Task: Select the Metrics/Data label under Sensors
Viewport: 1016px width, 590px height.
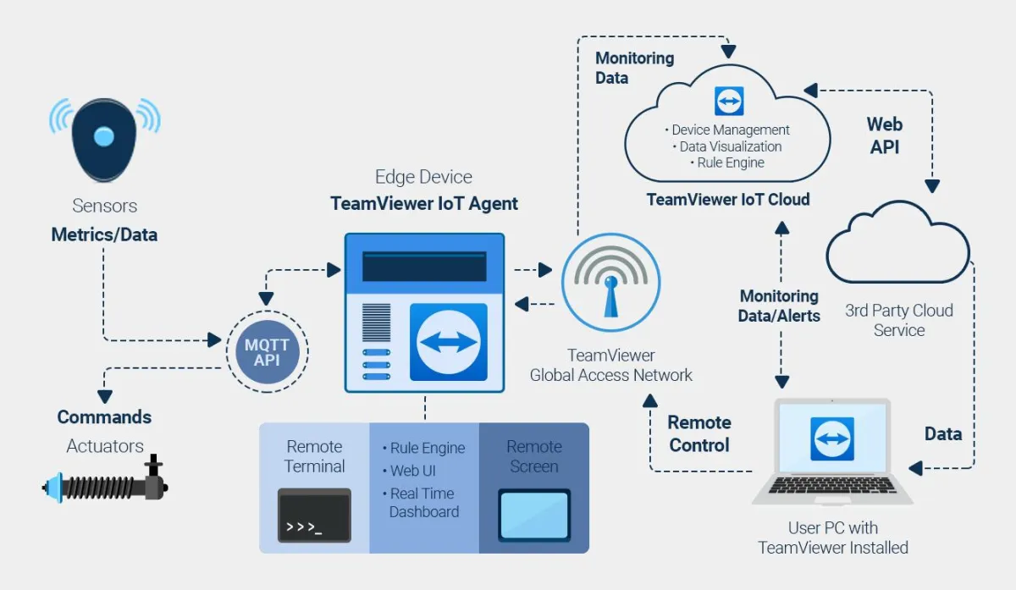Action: [104, 234]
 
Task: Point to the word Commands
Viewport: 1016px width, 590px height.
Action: [104, 416]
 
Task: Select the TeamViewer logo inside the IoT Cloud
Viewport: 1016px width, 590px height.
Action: [728, 100]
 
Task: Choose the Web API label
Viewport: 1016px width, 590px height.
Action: [884, 135]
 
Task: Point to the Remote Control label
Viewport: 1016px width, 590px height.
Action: [698, 433]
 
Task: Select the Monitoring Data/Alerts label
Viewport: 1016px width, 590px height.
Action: [779, 306]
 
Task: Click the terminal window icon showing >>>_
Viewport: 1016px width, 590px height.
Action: [314, 515]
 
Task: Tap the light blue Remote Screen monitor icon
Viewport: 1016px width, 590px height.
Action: [533, 515]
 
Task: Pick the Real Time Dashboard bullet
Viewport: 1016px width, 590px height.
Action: [422, 503]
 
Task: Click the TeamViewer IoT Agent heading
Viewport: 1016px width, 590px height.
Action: [424, 203]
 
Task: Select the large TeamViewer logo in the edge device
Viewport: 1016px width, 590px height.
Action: [448, 342]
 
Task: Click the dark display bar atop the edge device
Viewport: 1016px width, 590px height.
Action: [424, 267]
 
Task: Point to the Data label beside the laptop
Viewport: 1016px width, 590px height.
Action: [942, 433]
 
